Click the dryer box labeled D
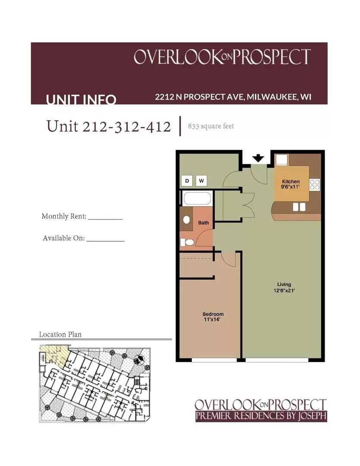pos(187,181)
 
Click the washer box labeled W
pos(201,181)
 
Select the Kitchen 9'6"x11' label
pos(291,184)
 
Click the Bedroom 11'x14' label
pos(213,317)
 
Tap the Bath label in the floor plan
pos(203,223)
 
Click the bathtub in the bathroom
pos(197,199)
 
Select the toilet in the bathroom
pos(188,242)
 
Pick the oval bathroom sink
pos(187,220)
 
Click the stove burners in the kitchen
pos(315,185)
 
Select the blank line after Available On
pos(105,239)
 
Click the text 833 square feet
pos(211,126)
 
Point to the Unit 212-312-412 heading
pos(109,126)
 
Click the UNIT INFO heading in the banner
pos(81,100)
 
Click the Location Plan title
pos(60,334)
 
